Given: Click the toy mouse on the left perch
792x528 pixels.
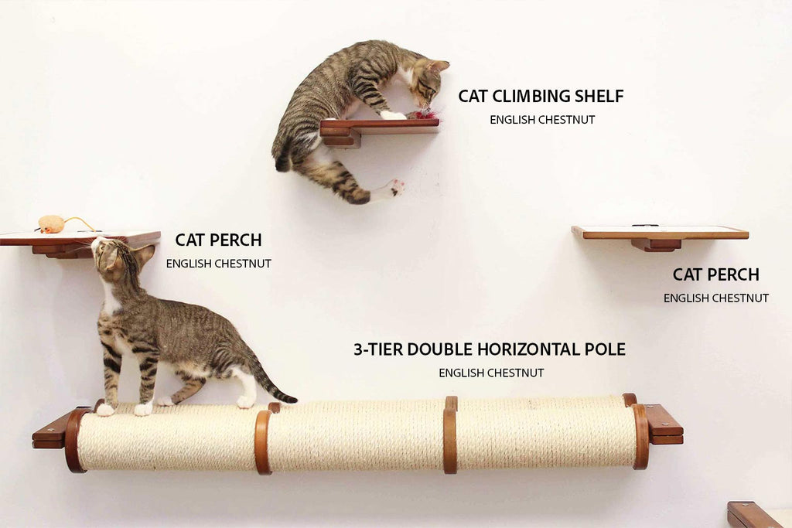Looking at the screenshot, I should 52,223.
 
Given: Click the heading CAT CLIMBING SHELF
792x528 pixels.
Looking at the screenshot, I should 541,97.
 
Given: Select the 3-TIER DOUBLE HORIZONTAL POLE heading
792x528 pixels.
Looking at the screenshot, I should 490,349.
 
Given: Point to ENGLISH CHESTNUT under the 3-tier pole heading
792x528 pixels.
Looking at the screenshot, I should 491,373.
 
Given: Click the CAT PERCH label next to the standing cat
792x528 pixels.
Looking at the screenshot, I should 218,240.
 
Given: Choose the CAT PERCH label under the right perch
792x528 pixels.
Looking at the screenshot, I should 715,274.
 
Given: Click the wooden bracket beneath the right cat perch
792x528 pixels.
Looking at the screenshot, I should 656,244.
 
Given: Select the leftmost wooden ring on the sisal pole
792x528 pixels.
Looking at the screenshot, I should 75,439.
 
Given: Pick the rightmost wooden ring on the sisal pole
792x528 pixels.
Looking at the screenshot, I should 640,436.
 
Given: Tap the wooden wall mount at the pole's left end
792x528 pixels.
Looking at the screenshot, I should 50,431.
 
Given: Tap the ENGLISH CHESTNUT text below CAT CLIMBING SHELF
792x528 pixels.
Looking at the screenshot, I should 542,120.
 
